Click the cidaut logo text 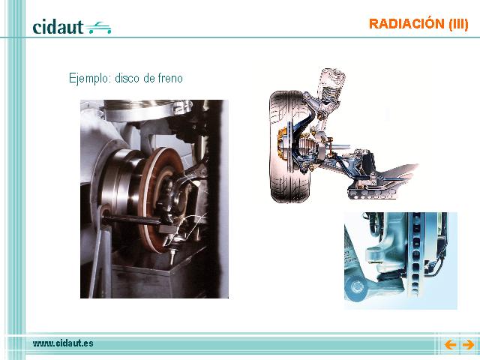[58, 27]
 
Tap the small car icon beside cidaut [98, 28]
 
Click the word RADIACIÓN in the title [406, 24]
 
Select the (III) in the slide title [458, 24]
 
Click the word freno [170, 78]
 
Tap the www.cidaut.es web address [63, 343]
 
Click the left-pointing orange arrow [450, 345]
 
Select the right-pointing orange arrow [468, 345]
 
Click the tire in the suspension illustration [286, 147]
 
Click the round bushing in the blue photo [356, 287]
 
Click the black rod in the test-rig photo [132, 220]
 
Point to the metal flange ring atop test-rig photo [147, 109]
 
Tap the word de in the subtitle [148, 78]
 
